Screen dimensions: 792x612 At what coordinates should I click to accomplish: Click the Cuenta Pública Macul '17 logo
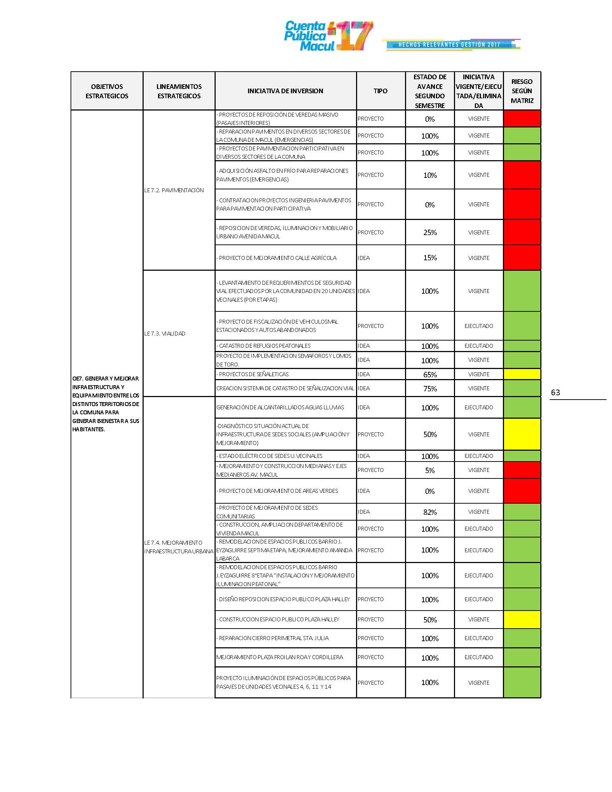[x=328, y=36]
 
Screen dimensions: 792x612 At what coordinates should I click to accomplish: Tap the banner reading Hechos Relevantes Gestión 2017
[x=450, y=45]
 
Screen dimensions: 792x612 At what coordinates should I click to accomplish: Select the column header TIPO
[x=380, y=91]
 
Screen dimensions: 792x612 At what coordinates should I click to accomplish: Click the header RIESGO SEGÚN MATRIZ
[x=522, y=91]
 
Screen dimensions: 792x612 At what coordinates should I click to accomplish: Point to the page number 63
[x=555, y=392]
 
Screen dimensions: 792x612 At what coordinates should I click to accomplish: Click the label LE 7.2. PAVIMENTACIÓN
[x=174, y=190]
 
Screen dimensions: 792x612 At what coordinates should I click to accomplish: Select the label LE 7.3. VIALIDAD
[x=165, y=334]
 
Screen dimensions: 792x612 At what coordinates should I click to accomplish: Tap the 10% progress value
[x=429, y=175]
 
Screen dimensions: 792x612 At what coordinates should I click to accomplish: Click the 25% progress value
[x=429, y=233]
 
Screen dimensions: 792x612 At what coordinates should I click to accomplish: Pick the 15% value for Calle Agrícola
[x=429, y=258]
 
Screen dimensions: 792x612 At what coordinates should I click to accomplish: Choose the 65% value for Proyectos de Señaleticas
[x=429, y=375]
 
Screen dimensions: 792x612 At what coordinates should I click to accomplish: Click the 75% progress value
[x=429, y=389]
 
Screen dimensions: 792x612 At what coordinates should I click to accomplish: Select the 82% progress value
[x=429, y=512]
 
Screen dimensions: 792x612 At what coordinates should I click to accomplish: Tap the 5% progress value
[x=429, y=471]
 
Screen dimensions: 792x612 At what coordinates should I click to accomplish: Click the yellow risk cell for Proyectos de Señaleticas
[x=522, y=374]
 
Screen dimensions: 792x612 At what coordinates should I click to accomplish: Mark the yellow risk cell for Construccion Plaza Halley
[x=522, y=620]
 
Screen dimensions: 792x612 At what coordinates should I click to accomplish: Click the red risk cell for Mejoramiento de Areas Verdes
[x=522, y=491]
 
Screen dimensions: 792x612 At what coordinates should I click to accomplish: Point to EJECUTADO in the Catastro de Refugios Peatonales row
[x=478, y=346]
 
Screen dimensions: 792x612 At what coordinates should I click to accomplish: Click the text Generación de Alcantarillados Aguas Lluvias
[x=280, y=408]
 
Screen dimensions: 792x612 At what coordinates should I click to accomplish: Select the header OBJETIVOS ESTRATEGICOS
[x=107, y=91]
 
